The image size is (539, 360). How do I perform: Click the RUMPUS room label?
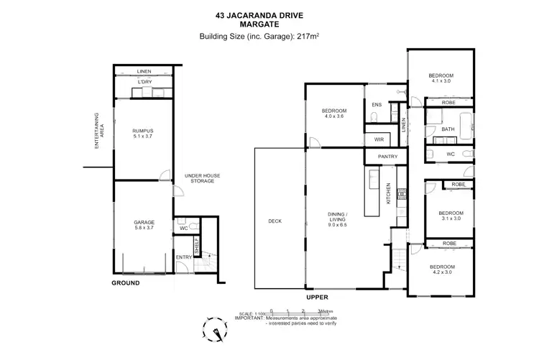tap(144, 133)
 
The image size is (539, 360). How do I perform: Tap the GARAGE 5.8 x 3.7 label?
tap(144, 225)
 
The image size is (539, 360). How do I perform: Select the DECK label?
tap(274, 221)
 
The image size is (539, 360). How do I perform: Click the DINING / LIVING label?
tap(337, 218)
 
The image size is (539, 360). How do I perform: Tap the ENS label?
tap(376, 106)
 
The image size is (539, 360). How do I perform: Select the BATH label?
tap(448, 130)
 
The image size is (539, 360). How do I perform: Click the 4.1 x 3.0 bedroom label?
tap(441, 78)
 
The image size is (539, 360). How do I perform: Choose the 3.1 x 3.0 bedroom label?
tap(451, 216)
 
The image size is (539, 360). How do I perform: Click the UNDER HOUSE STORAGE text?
tap(199, 178)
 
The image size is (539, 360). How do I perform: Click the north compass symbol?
tap(215, 329)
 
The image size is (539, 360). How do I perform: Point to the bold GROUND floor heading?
tap(125, 283)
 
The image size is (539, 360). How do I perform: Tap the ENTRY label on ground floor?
tap(184, 257)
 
